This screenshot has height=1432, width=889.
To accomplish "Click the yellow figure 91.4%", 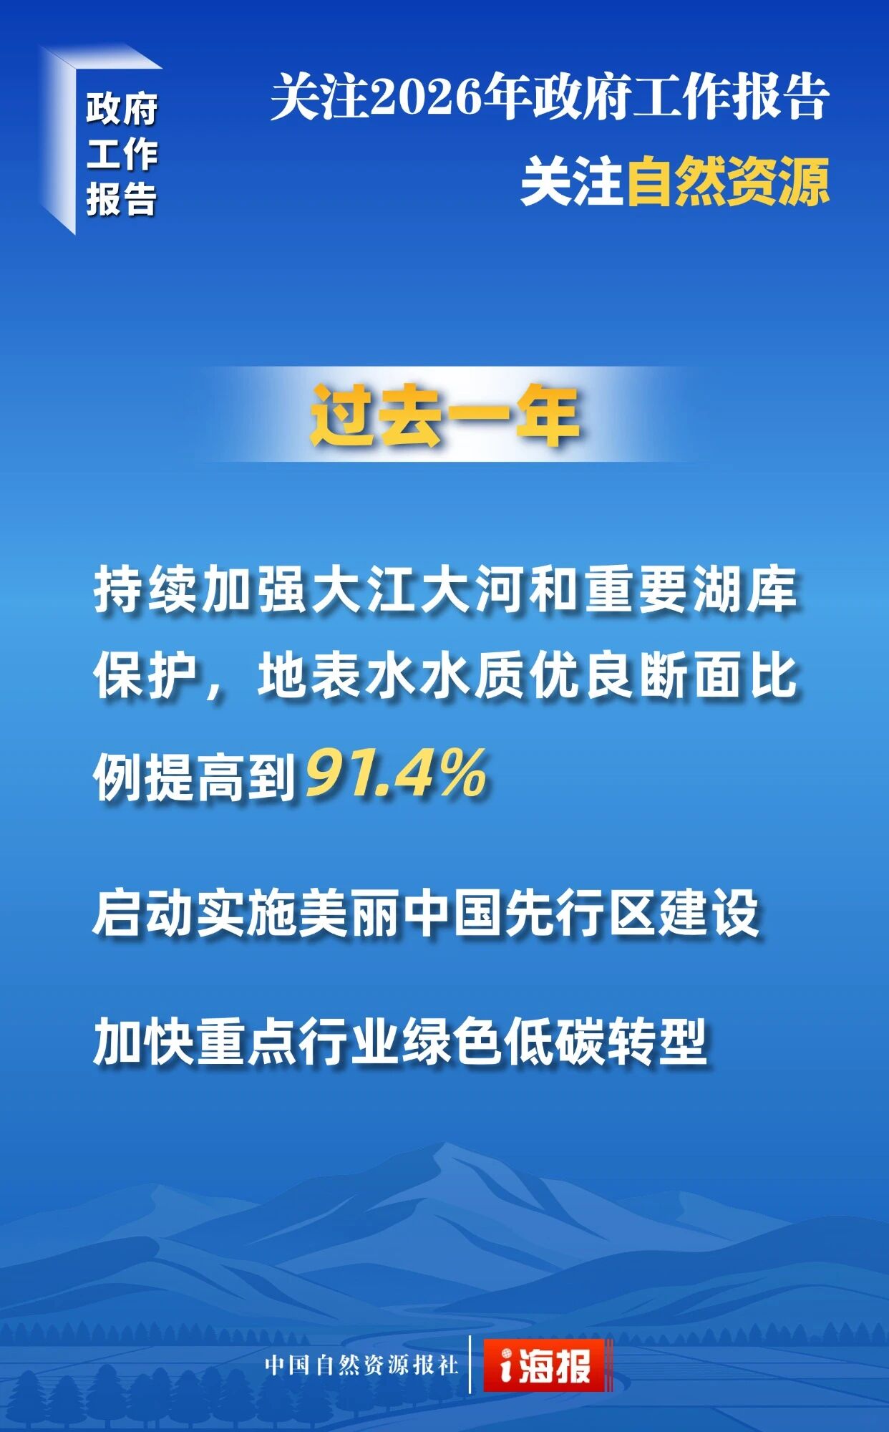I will tap(397, 774).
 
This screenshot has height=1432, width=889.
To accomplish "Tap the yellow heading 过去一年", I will tap(444, 416).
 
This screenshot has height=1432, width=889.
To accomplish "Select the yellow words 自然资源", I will tap(728, 182).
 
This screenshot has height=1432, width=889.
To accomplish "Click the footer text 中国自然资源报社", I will tap(361, 1365).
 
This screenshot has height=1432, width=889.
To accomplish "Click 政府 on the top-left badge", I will tap(122, 110).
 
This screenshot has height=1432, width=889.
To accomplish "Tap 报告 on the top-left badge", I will tap(122, 200).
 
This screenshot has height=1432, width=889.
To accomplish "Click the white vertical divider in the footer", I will tap(470, 1364).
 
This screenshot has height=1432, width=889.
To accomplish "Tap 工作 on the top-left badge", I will tap(122, 155).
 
